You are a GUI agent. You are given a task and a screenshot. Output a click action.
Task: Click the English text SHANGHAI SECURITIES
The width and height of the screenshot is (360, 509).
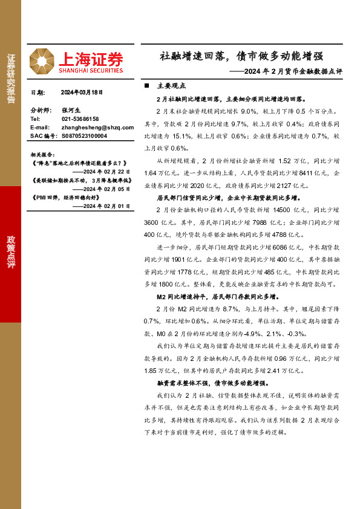click(x=91, y=70)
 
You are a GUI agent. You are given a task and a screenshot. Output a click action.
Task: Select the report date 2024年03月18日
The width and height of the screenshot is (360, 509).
click(x=83, y=92)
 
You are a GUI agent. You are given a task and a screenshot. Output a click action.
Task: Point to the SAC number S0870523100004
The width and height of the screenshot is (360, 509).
click(x=84, y=136)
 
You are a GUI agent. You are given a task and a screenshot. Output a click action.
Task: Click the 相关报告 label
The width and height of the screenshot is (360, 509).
click(x=43, y=154)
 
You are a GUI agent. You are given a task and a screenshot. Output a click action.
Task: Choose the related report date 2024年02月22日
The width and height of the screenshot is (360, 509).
click(x=106, y=172)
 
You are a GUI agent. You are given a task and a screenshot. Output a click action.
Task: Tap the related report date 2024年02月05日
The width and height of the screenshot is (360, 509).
click(x=106, y=189)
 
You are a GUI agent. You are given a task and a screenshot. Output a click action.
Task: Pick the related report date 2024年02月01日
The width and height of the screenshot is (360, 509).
click(x=106, y=206)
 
